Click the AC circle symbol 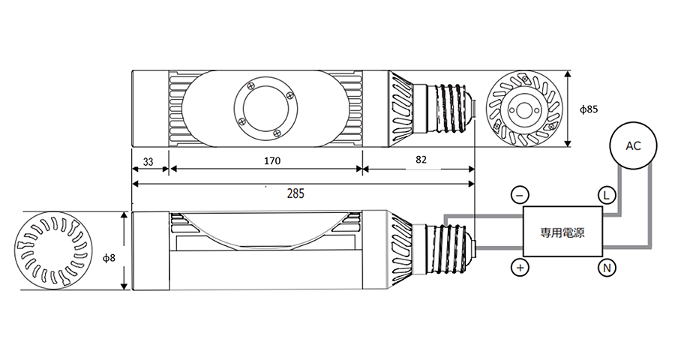633,146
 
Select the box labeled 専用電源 562,231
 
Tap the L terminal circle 607,196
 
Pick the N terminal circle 607,268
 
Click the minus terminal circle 520,196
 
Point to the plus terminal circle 520,268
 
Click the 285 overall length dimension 295,193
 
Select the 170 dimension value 272,161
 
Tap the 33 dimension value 148,162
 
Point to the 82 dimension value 421,160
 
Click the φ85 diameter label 589,109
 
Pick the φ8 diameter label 109,258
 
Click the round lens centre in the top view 266,109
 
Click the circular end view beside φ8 51,250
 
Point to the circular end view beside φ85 524,109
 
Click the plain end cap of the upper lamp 150,109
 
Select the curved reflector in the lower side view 266,232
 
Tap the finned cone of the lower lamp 400,250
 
